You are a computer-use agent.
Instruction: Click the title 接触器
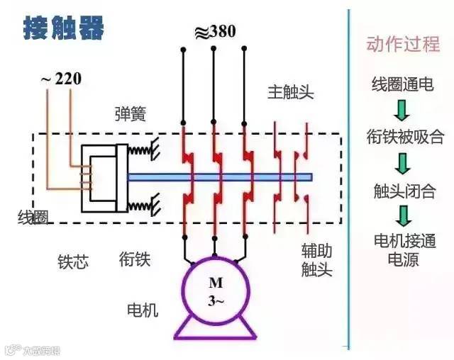64,29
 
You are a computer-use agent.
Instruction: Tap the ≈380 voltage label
214,32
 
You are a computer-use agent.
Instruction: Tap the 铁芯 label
72,261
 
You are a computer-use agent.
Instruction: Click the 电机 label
142,310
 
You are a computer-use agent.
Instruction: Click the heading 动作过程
402,45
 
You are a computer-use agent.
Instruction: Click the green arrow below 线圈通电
402,109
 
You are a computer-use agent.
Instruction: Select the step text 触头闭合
404,191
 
